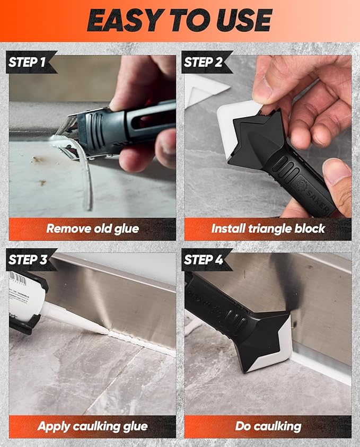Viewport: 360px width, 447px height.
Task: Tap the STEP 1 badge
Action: click(x=28, y=62)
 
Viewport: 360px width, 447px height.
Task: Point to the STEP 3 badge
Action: click(x=28, y=260)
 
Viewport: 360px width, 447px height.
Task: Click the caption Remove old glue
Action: click(x=92, y=229)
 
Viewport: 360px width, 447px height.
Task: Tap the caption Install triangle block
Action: click(x=268, y=229)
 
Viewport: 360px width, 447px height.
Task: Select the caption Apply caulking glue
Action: click(x=92, y=426)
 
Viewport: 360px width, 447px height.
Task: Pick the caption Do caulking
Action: click(x=268, y=426)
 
